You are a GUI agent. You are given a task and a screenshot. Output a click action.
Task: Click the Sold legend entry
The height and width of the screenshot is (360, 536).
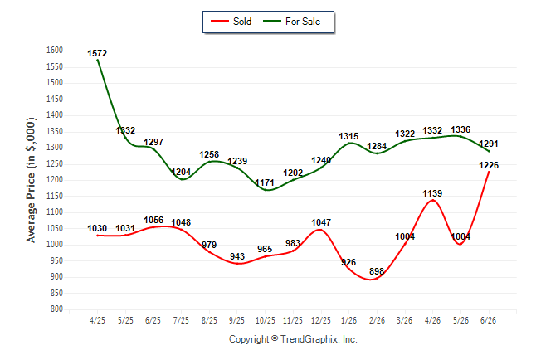pyautogui.click(x=231, y=22)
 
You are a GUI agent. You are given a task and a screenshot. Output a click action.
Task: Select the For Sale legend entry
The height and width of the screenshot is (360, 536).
pyautogui.click(x=291, y=22)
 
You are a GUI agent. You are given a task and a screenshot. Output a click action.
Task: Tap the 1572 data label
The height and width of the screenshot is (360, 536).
pyautogui.click(x=97, y=53)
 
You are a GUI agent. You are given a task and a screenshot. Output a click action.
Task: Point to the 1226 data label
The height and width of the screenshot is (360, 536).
pyautogui.click(x=489, y=165)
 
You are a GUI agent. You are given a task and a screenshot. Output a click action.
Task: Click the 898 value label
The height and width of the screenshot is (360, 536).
pyautogui.click(x=377, y=271)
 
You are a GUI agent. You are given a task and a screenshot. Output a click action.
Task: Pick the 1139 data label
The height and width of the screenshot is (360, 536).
pyautogui.click(x=432, y=193)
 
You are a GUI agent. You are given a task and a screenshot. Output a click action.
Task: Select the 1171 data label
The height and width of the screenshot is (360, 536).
pyautogui.click(x=265, y=182)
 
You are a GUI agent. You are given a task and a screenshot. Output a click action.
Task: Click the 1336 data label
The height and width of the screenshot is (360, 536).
pyautogui.click(x=460, y=129)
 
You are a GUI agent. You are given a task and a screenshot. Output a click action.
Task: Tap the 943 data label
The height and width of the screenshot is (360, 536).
pyautogui.click(x=237, y=256)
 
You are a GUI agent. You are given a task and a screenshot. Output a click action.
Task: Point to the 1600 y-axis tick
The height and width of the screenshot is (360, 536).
pyautogui.click(x=55, y=51)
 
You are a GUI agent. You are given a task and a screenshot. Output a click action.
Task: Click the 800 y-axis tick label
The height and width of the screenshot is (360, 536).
pyautogui.click(x=56, y=309)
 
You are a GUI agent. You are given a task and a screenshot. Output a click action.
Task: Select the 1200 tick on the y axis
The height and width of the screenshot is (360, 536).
pyautogui.click(x=55, y=180)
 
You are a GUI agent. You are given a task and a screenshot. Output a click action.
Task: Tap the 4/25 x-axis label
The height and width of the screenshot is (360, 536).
pyautogui.click(x=97, y=320)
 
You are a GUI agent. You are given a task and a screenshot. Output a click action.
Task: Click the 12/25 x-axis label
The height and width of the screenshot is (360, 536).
pyautogui.click(x=320, y=320)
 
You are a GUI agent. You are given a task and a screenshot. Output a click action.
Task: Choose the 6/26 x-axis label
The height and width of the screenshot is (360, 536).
pyautogui.click(x=488, y=320)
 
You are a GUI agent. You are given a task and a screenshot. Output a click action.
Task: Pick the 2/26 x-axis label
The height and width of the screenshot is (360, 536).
pyautogui.click(x=377, y=320)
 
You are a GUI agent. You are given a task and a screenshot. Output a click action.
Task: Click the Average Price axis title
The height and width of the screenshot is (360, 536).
pyautogui.click(x=31, y=180)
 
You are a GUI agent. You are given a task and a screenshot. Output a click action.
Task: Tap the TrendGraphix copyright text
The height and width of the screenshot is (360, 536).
pyautogui.click(x=293, y=339)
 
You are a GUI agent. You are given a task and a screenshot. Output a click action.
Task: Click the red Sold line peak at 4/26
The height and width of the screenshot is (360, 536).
pyautogui.click(x=433, y=200)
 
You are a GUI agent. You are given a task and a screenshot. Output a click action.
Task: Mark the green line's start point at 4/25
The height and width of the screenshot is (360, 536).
pyautogui.click(x=98, y=61)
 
